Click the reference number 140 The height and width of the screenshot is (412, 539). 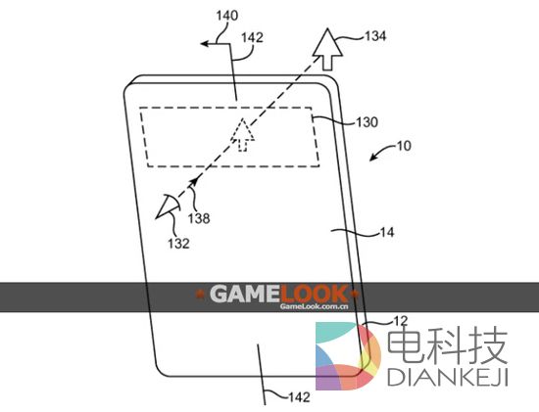[x=225, y=17]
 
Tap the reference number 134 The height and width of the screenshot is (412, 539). [x=373, y=36]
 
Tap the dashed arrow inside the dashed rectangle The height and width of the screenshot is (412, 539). [x=241, y=133]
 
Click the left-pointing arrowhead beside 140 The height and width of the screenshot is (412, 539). [x=204, y=41]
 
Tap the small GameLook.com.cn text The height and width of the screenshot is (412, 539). [x=315, y=306]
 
